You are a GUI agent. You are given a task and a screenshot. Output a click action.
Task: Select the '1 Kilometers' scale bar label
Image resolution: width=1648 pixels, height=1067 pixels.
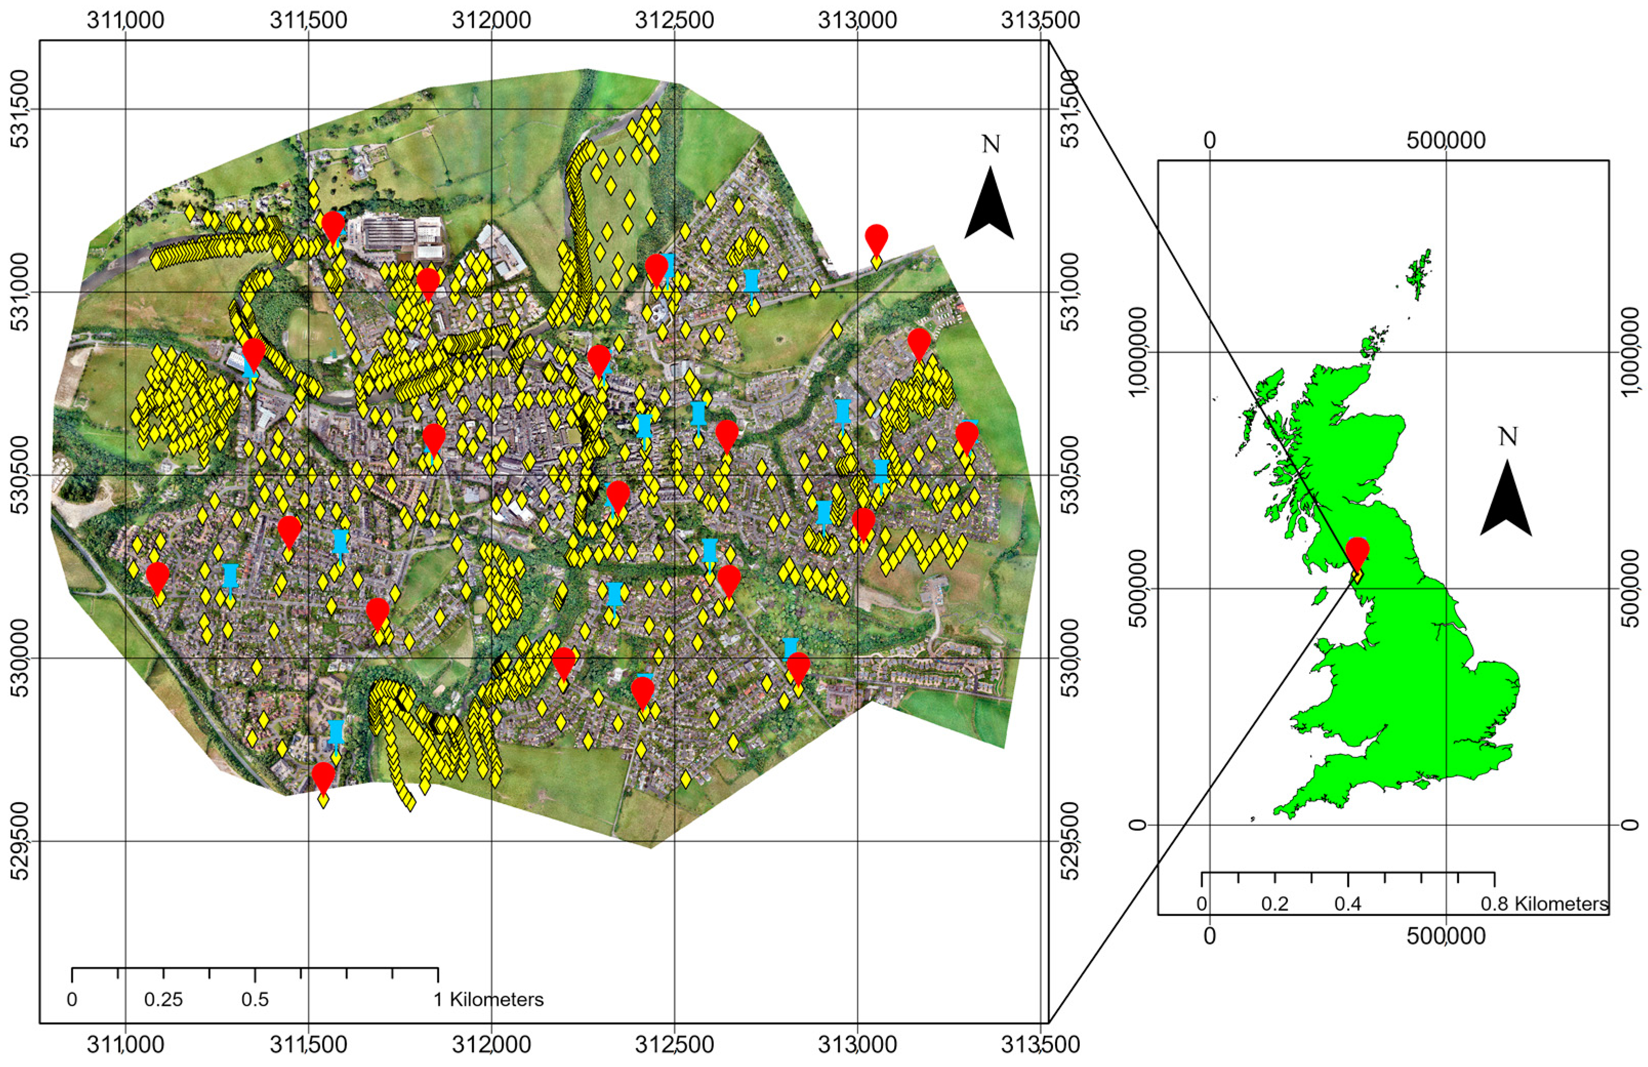click(x=489, y=1000)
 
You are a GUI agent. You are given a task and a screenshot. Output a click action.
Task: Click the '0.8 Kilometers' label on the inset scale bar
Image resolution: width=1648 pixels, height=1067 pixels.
click(x=1544, y=904)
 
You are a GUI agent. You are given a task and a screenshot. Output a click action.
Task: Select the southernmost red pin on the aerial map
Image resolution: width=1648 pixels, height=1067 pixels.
click(x=323, y=776)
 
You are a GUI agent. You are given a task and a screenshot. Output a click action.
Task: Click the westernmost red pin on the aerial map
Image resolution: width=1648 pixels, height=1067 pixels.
click(x=158, y=576)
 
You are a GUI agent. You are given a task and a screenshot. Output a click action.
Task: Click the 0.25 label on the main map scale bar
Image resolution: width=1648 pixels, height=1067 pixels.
click(x=163, y=1000)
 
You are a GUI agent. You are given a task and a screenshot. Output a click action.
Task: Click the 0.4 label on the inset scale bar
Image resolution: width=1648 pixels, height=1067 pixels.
click(x=1348, y=904)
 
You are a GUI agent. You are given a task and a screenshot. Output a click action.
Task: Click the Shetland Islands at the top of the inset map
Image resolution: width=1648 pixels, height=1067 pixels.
click(x=1419, y=274)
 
